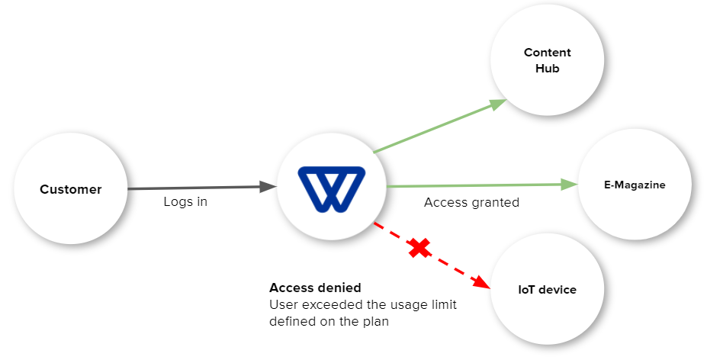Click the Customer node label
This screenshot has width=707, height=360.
point(70,189)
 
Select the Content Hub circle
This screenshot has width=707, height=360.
point(547,61)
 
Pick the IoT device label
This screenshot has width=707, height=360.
point(547,290)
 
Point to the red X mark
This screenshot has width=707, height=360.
point(419,247)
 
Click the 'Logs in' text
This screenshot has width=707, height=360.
point(185,202)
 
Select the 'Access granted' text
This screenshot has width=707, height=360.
point(471,202)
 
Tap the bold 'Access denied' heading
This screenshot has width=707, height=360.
point(315,288)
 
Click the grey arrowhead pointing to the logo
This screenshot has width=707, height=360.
point(268,187)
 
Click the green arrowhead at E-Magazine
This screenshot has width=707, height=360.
point(570,184)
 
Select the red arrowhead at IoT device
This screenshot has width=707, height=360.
point(481,281)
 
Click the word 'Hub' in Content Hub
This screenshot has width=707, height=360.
point(547,69)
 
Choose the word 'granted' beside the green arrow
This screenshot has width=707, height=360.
point(497,202)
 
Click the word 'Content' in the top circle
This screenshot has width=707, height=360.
point(547,53)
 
